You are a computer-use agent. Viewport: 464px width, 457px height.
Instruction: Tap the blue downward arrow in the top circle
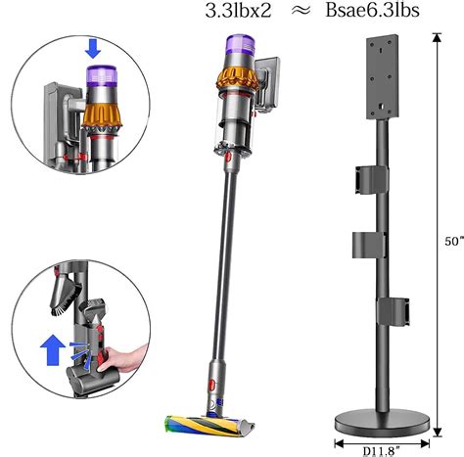click(92, 46)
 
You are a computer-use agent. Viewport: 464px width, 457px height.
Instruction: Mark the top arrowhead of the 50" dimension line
click(434, 36)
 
